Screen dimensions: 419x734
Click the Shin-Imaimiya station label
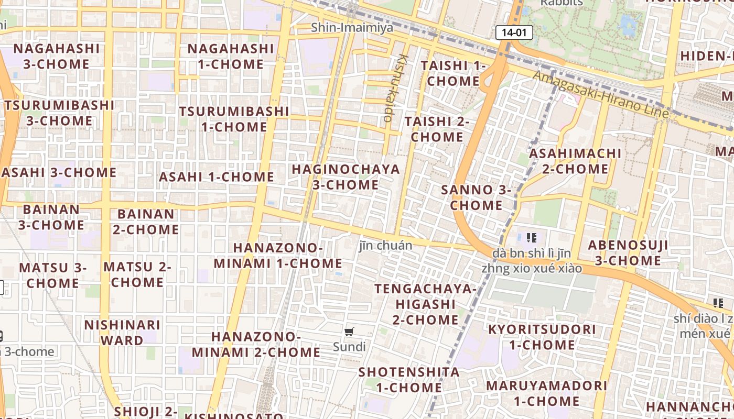(352, 27)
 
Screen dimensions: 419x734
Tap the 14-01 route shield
(514, 32)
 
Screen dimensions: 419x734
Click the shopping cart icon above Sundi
(349, 332)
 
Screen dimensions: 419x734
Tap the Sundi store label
(349, 347)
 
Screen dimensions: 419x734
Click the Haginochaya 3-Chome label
(346, 177)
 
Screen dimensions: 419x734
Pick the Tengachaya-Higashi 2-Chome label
(425, 304)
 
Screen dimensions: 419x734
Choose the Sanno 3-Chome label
(476, 197)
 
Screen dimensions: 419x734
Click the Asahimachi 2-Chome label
(575, 161)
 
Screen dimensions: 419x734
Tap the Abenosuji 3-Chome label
(628, 253)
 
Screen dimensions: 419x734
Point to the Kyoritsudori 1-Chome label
(542, 337)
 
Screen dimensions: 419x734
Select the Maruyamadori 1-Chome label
(547, 393)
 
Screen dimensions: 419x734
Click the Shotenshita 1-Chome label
(409, 380)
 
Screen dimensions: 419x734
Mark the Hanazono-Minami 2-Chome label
(256, 344)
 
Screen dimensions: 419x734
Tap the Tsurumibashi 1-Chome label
(234, 119)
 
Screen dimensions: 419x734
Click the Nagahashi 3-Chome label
(57, 56)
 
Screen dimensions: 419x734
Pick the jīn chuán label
(386, 245)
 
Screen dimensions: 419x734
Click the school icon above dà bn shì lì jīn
(532, 238)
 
